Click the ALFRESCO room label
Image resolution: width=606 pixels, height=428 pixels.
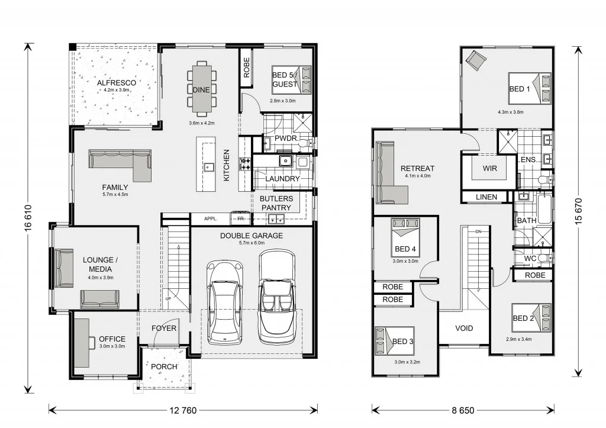(x=117, y=83)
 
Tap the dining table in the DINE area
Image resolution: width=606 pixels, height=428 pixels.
(x=201, y=89)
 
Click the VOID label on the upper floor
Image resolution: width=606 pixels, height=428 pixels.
(x=464, y=328)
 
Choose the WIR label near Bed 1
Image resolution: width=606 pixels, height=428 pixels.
(x=489, y=169)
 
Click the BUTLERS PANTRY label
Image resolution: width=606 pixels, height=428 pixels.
(x=276, y=203)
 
